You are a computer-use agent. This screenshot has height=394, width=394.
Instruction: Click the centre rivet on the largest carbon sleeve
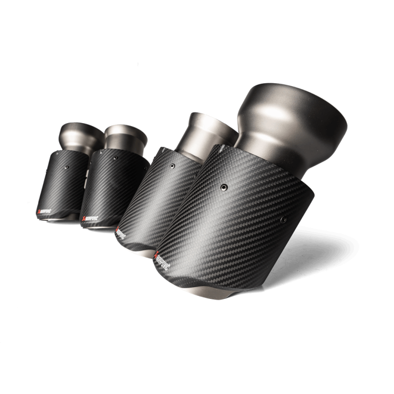coord(224,187)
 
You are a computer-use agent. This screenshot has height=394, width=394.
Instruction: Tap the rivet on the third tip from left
coord(172,166)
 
